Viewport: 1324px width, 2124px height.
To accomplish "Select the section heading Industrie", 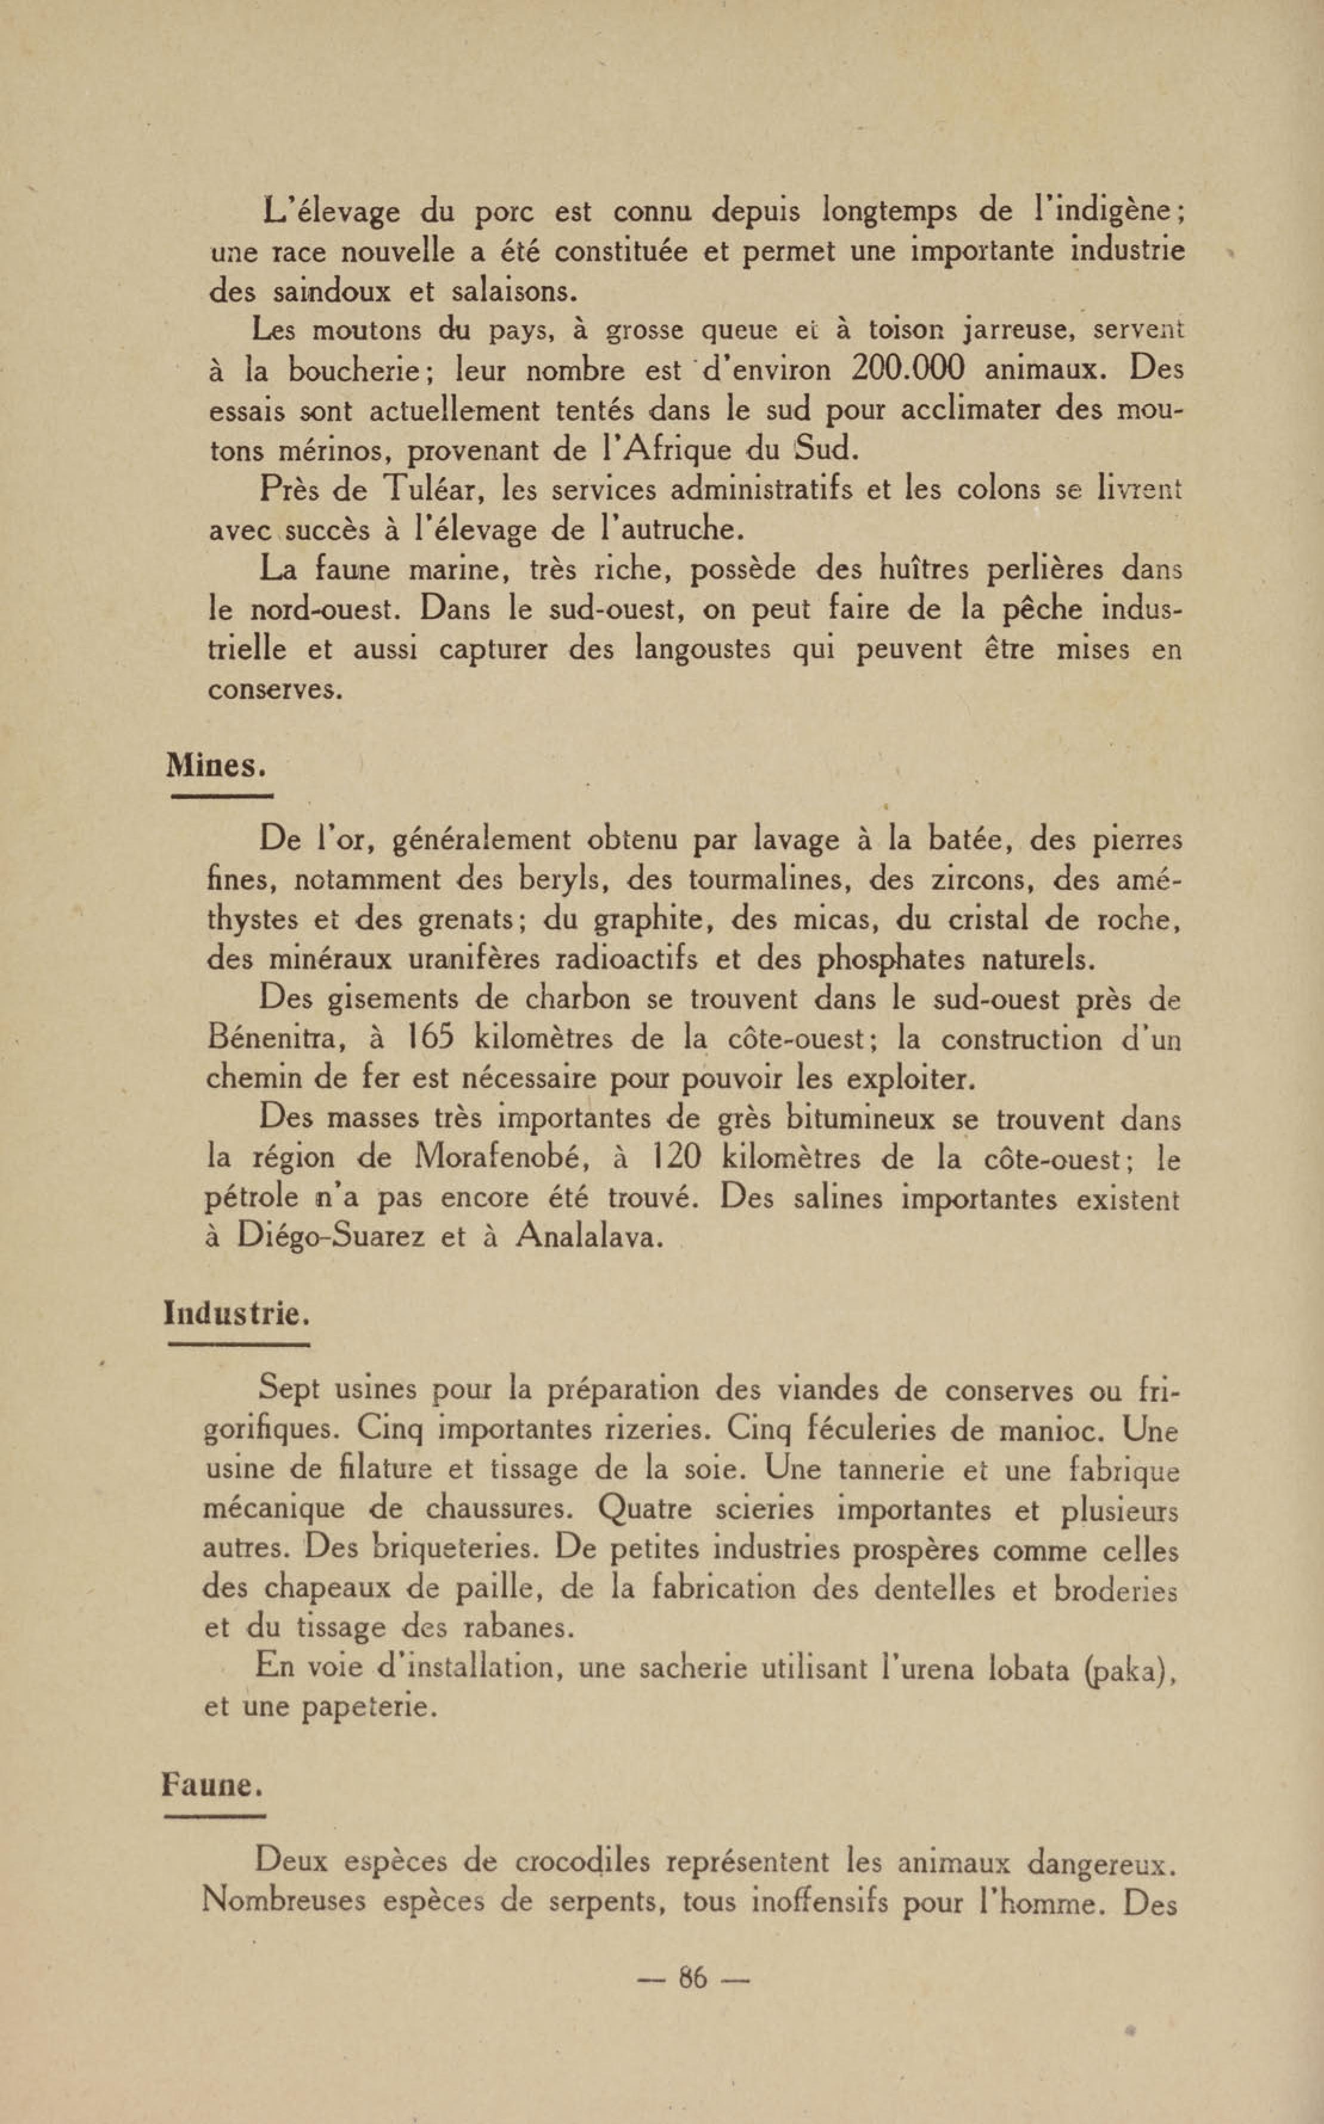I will [236, 1314].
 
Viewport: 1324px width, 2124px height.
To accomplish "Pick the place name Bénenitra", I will [274, 1040].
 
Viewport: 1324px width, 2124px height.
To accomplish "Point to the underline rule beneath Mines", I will [223, 796].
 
